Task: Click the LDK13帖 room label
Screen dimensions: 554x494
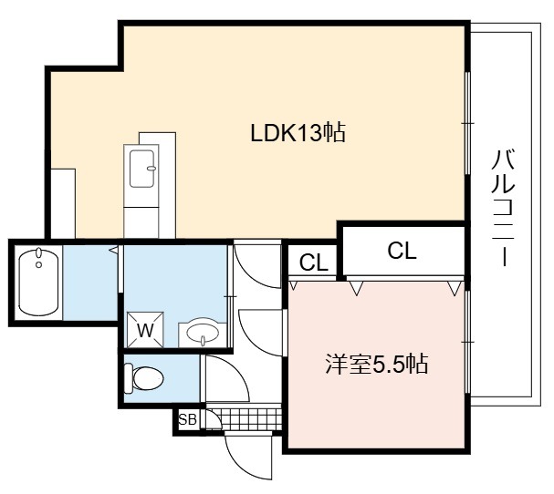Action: click(x=298, y=133)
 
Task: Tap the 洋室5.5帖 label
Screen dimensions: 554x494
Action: click(x=377, y=364)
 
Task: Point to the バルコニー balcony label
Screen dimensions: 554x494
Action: click(x=503, y=208)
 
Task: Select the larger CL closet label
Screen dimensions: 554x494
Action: click(x=402, y=251)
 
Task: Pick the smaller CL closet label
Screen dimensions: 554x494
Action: click(x=314, y=262)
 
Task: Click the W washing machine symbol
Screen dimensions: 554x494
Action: click(x=145, y=330)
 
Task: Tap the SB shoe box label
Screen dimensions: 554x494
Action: click(x=188, y=420)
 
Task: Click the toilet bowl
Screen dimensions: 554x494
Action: click(x=144, y=378)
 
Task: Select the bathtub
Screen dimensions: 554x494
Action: click(x=38, y=283)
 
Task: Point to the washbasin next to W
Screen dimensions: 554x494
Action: click(x=203, y=333)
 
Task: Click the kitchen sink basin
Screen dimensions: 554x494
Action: click(x=141, y=169)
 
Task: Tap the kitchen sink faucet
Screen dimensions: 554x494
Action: click(x=152, y=169)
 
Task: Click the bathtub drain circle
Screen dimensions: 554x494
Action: click(x=39, y=264)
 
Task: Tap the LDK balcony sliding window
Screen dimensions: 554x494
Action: click(x=468, y=123)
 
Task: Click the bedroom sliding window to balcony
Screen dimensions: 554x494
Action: click(x=468, y=342)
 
